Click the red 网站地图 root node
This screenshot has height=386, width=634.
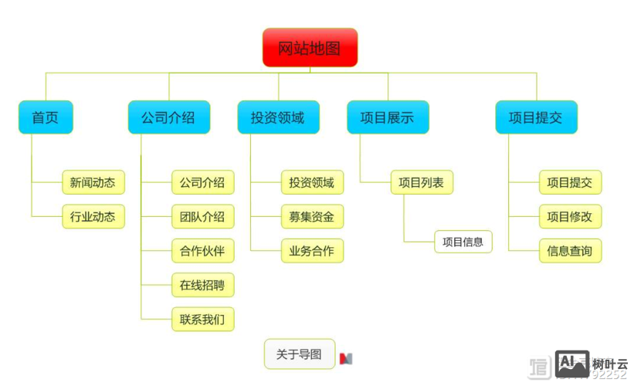point(310,48)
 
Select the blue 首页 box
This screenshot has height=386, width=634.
point(46,117)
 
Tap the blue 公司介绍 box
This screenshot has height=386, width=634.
point(168,117)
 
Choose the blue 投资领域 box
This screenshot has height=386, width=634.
point(278,117)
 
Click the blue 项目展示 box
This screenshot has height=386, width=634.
point(388,117)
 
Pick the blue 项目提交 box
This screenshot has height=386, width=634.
point(536,117)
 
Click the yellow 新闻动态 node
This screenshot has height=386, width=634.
point(93,183)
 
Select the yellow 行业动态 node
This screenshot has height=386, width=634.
point(93,217)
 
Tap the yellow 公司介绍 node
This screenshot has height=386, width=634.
point(202,183)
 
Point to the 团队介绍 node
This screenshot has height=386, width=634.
point(202,217)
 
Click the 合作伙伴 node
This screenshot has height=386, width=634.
point(202,251)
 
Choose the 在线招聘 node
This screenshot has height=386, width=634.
point(202,285)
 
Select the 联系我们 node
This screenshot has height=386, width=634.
point(202,319)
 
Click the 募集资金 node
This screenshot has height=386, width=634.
point(312,217)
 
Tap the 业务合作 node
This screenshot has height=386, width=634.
point(312,251)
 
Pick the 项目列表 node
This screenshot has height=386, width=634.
point(422,183)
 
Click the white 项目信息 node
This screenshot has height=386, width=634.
point(463,242)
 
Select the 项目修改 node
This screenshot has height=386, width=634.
point(570,217)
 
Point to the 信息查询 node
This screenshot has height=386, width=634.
point(570,251)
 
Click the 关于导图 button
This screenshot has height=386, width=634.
point(300,354)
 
